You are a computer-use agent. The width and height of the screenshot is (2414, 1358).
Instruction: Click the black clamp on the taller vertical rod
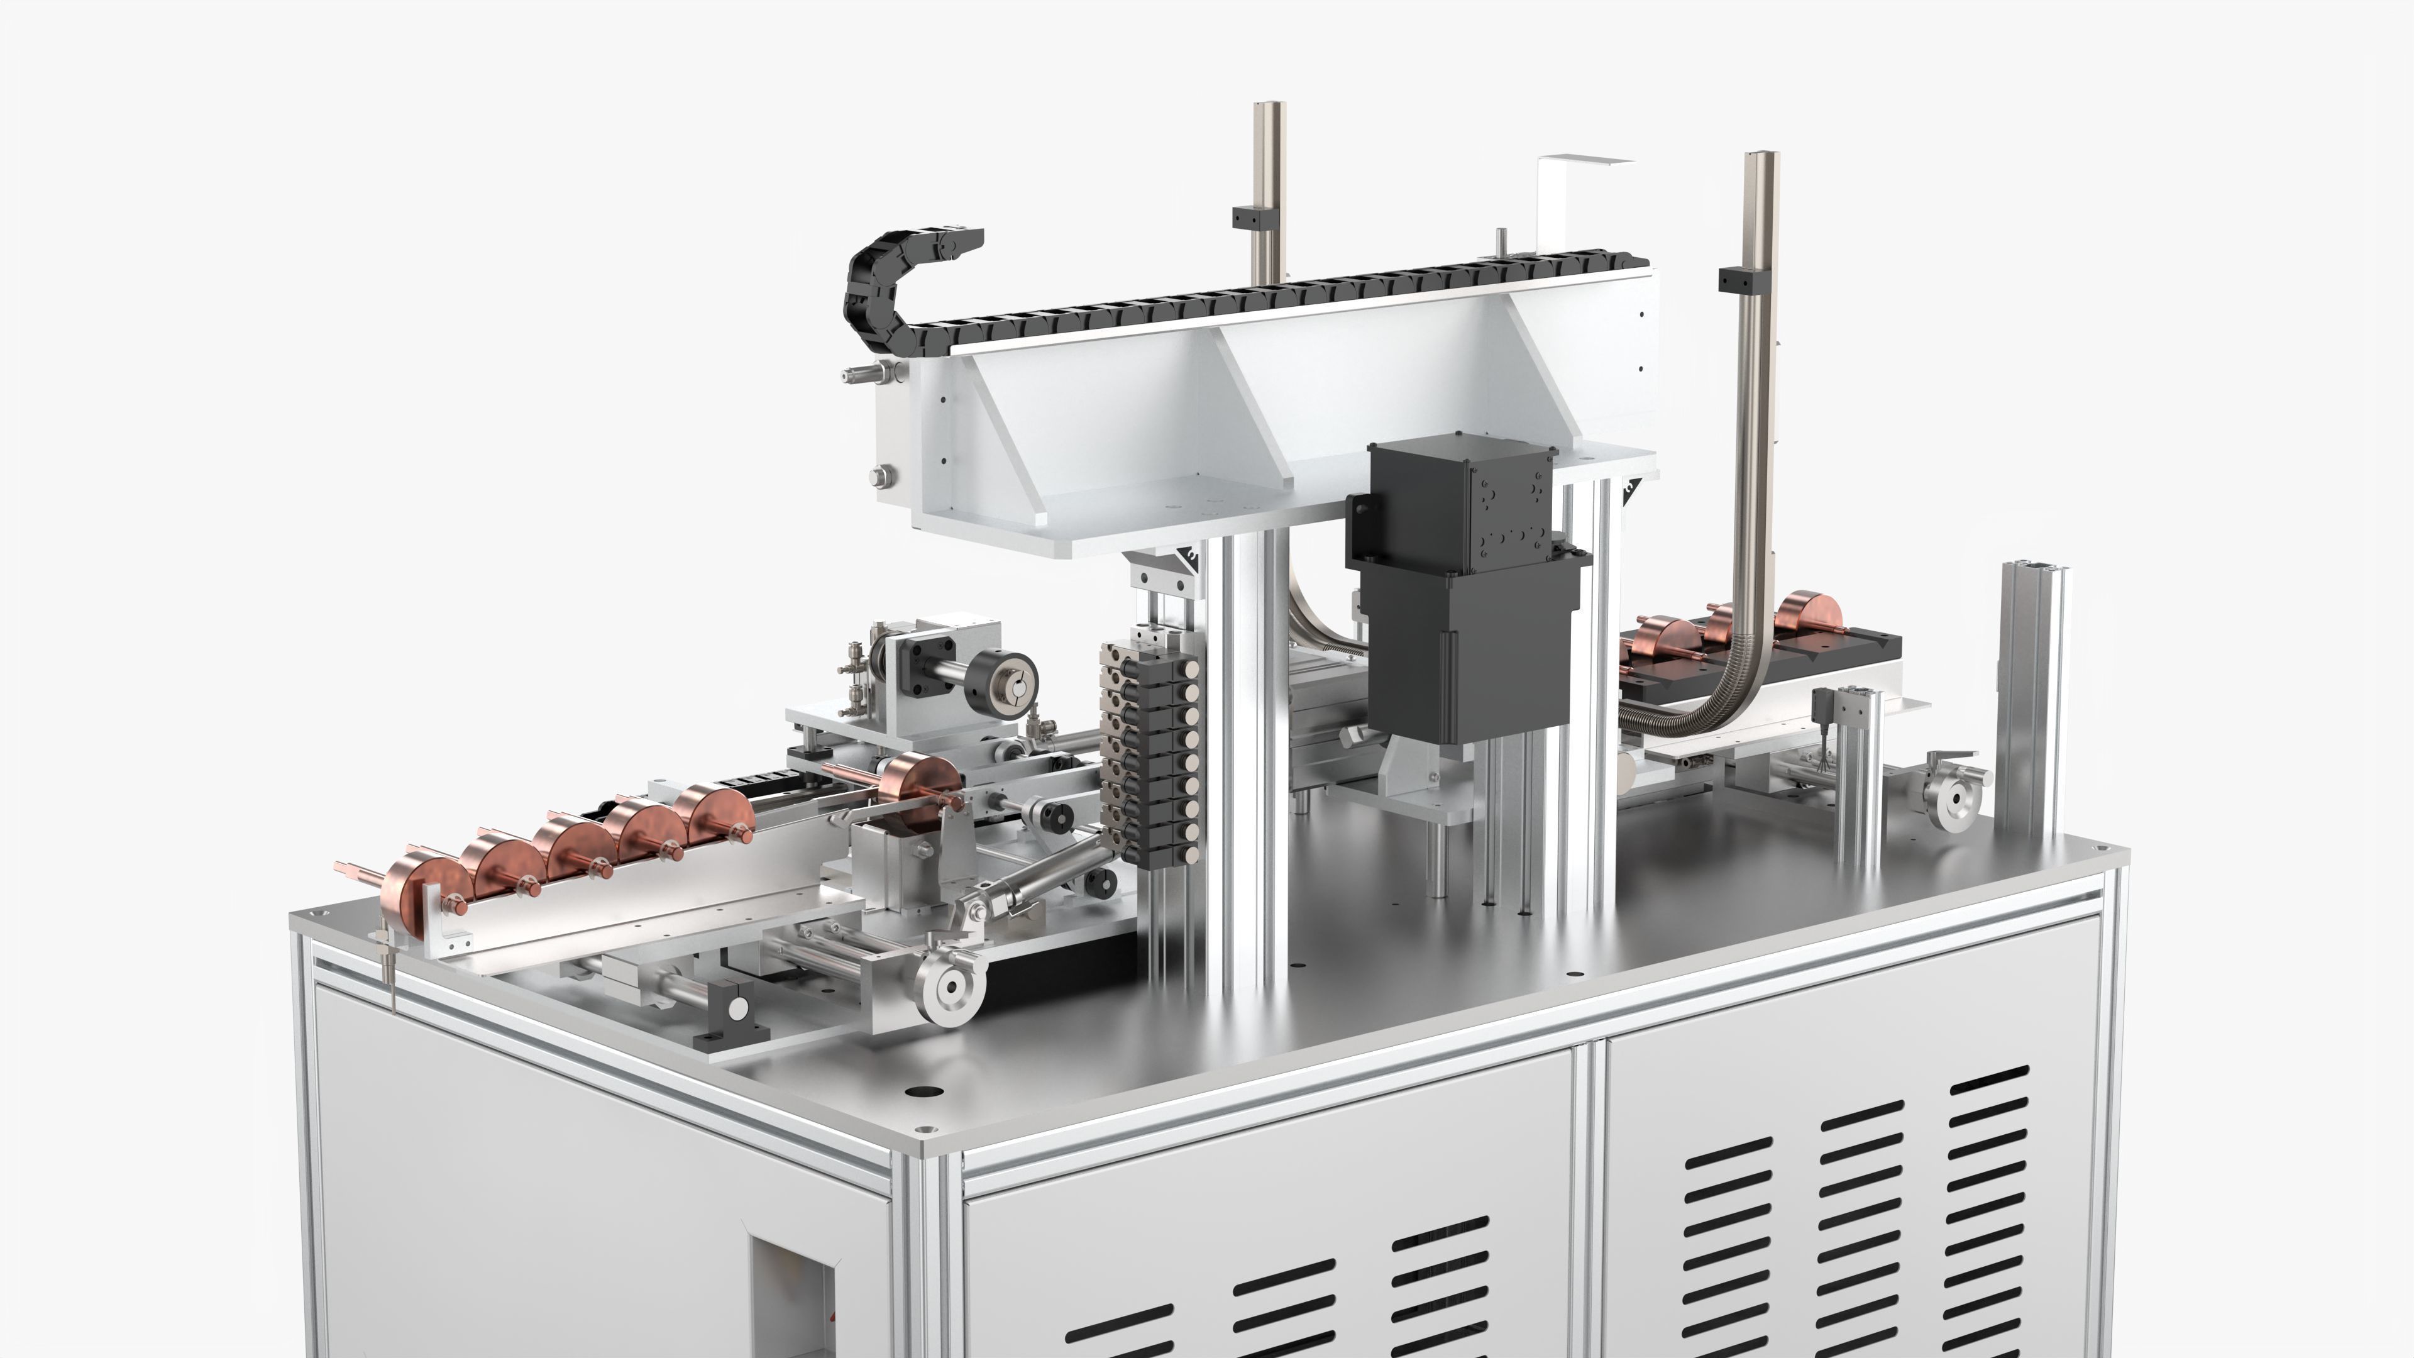[1742, 279]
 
